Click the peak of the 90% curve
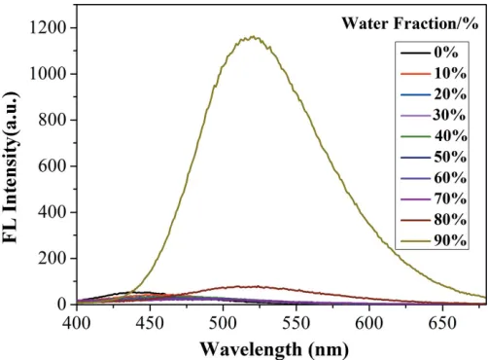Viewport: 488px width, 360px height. click(x=253, y=37)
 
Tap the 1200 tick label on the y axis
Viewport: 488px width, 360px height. click(x=49, y=28)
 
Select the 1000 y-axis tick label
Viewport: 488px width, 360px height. click(x=49, y=74)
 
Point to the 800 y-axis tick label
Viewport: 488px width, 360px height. click(x=52, y=120)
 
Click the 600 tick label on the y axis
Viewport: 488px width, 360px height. click(x=52, y=166)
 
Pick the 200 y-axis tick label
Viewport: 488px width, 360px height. click(x=52, y=259)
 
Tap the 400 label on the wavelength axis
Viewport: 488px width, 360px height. click(x=77, y=323)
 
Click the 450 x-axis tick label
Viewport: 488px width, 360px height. click(x=150, y=323)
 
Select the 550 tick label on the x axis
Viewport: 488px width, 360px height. click(x=296, y=323)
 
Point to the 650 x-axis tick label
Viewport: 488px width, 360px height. click(x=442, y=323)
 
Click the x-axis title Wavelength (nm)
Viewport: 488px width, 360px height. click(x=274, y=349)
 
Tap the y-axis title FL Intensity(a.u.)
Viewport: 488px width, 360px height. click(x=11, y=167)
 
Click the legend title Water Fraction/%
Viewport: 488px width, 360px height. click(x=410, y=23)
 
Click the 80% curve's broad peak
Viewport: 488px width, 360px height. click(x=246, y=287)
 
